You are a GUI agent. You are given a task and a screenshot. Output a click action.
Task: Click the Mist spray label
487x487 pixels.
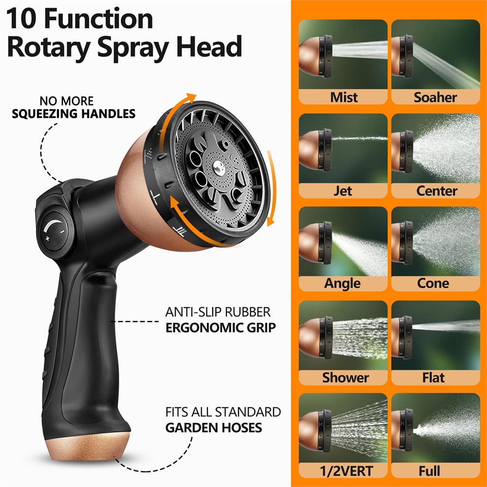click(344, 97)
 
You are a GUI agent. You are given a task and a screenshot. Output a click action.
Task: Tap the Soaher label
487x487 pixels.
click(435, 97)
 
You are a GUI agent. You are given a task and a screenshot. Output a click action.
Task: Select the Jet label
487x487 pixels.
click(343, 191)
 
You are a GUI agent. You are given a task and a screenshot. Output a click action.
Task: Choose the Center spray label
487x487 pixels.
click(436, 191)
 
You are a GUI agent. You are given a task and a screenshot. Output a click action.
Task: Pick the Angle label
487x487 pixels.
click(342, 283)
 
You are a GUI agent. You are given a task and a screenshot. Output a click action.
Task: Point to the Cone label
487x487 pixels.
click(433, 283)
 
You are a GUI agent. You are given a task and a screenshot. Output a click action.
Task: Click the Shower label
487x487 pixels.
click(345, 377)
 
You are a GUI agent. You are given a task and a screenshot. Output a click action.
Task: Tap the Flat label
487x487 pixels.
click(433, 377)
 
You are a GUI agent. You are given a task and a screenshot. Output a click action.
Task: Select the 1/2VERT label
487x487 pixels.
click(346, 471)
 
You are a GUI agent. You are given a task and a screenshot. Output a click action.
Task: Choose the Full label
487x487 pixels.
click(429, 471)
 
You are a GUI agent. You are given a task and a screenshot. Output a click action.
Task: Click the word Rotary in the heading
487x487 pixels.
click(48, 47)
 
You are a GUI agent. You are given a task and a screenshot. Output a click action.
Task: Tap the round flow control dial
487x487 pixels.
click(55, 231)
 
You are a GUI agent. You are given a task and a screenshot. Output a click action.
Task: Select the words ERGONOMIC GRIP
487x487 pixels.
click(221, 328)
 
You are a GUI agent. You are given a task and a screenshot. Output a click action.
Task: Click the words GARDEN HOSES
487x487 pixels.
click(214, 428)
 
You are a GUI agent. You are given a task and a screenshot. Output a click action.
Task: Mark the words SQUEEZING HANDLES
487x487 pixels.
click(74, 113)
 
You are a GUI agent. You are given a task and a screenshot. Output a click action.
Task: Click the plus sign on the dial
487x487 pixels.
click(48, 239)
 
